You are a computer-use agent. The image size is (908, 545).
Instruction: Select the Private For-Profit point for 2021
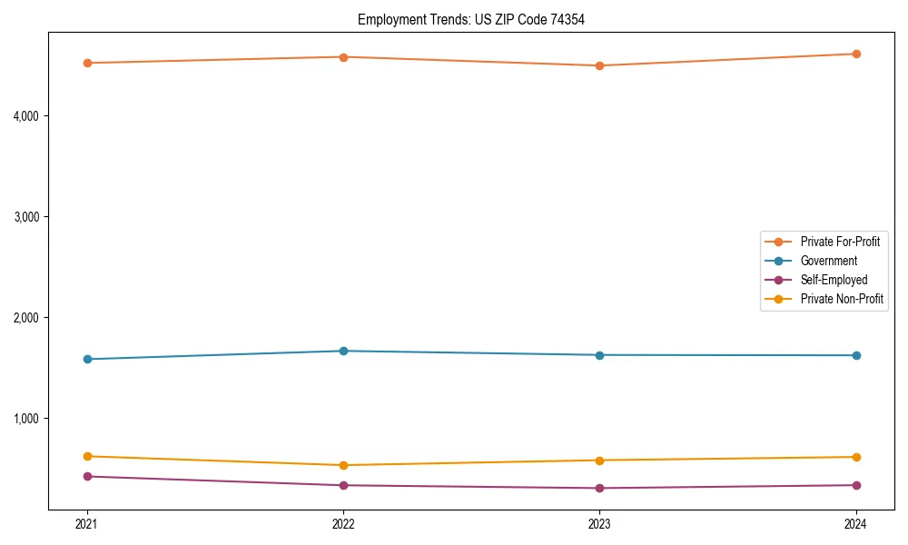(87, 63)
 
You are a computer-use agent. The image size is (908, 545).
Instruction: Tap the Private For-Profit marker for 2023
(599, 65)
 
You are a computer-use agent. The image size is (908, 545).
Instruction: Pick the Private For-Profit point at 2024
(856, 54)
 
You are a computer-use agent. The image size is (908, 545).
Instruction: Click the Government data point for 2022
(343, 351)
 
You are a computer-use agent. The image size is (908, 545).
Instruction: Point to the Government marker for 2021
(87, 359)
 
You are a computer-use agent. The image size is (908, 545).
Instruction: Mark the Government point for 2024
(856, 355)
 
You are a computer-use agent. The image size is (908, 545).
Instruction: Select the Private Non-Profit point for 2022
(343, 465)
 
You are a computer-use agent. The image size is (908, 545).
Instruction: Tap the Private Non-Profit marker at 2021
(87, 456)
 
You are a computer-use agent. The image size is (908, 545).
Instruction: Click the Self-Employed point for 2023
(599, 488)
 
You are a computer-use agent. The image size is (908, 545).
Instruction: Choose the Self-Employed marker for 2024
(856, 485)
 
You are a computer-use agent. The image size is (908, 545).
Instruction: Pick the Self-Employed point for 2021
(87, 476)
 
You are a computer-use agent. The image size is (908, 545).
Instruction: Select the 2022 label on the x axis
(343, 523)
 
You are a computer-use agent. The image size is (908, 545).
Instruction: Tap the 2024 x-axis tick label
(856, 523)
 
